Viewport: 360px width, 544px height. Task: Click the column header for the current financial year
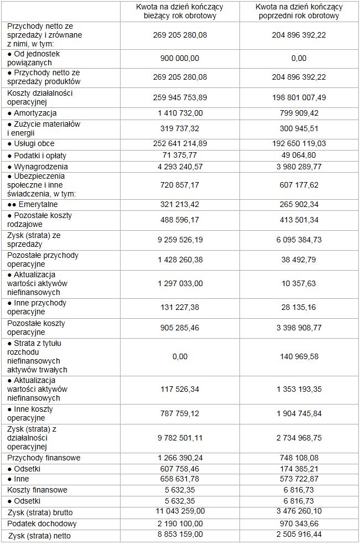pyautogui.click(x=180, y=11)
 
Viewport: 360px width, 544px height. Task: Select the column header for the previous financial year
pyautogui.click(x=299, y=11)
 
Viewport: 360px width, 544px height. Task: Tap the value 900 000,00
pyautogui.click(x=180, y=58)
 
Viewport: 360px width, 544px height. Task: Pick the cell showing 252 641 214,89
pyautogui.click(x=180, y=143)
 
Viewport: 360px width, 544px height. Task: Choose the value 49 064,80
pyautogui.click(x=299, y=154)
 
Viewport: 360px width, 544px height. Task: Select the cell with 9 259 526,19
pyautogui.click(x=180, y=239)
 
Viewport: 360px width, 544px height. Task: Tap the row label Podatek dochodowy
pyautogui.click(x=42, y=524)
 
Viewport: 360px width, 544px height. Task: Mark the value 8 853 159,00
pyautogui.click(x=180, y=535)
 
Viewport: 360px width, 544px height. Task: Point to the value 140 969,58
pyautogui.click(x=299, y=356)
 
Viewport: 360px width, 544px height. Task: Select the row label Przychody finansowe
pyautogui.click(x=44, y=458)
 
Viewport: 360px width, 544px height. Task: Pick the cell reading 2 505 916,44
pyautogui.click(x=299, y=535)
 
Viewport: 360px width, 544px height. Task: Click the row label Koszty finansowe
pyautogui.click(x=38, y=490)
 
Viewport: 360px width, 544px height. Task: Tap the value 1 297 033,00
pyautogui.click(x=180, y=283)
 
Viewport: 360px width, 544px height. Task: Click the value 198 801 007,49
pyautogui.click(x=299, y=97)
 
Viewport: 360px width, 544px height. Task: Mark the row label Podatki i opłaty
pyautogui.click(x=39, y=154)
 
